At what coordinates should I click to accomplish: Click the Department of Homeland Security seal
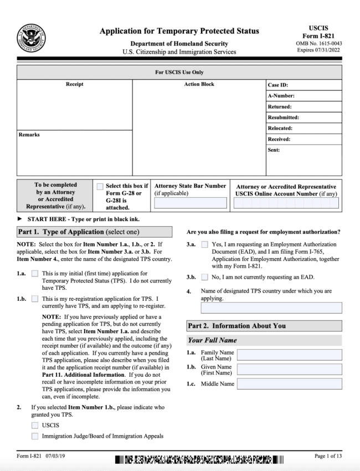[x=31, y=38]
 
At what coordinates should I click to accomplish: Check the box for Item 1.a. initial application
[x=35, y=274]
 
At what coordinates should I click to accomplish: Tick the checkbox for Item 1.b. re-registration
[x=35, y=298]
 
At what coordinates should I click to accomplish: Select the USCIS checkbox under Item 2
[x=35, y=425]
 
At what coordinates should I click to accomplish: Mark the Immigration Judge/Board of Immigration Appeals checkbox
[x=35, y=436]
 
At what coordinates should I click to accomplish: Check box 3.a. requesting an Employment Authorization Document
[x=205, y=244]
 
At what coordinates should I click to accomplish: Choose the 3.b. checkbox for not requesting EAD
[x=205, y=277]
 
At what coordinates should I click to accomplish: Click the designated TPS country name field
[x=271, y=308]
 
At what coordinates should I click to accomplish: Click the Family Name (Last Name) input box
[x=289, y=355]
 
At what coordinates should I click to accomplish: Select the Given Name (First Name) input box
[x=289, y=369]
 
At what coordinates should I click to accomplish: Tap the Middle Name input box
[x=289, y=383]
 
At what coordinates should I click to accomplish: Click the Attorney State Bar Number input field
[x=190, y=203]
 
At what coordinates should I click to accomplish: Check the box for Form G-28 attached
[x=100, y=187]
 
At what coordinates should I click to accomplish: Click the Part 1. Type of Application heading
[x=78, y=231]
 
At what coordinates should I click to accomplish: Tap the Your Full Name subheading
[x=212, y=340]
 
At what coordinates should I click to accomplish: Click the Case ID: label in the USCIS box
[x=277, y=85]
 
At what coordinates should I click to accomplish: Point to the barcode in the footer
[x=199, y=459]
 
